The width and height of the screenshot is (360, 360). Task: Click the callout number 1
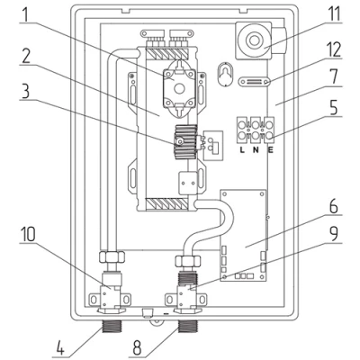(x=25, y=13)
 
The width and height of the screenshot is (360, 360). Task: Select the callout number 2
(x=26, y=55)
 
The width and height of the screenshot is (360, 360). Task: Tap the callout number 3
(x=26, y=91)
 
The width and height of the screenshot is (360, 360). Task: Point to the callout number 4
(x=60, y=347)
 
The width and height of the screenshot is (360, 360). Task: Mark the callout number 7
(x=334, y=76)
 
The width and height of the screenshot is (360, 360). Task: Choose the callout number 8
(x=137, y=347)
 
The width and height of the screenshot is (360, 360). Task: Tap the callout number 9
(x=334, y=233)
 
